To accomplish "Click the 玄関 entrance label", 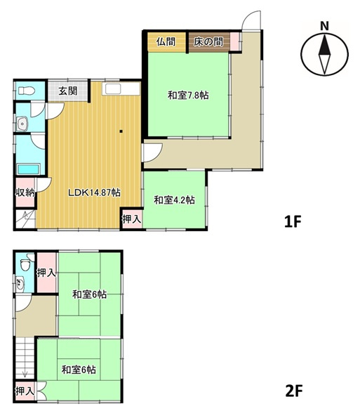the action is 68,91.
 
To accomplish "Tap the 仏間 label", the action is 166,41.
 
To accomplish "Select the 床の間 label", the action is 208,41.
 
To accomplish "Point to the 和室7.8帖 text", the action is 188,95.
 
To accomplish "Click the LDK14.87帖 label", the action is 94,192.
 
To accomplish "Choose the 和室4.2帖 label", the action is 174,200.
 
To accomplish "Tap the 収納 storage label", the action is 25,192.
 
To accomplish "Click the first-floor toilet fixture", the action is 26,91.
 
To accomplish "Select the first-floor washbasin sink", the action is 22,124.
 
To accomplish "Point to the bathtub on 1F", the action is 28,169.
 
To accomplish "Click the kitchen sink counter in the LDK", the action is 121,89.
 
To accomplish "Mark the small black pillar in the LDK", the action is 121,131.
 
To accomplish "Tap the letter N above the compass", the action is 324,26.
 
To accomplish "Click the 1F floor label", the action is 293,222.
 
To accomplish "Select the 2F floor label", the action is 294,391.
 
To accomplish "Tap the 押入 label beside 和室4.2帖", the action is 131,219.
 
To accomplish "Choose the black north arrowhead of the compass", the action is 325,45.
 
